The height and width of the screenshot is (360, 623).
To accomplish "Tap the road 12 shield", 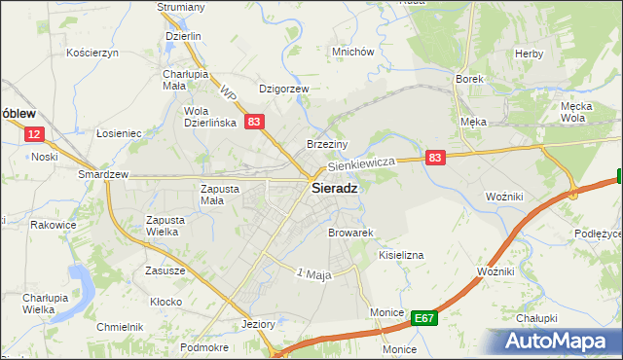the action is point(34,135).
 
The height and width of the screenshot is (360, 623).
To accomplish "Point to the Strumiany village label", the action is point(181,7).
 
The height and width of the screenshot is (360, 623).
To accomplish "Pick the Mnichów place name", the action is point(352,53).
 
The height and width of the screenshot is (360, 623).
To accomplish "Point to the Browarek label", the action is point(351,234).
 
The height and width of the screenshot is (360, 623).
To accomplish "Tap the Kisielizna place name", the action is point(400,255).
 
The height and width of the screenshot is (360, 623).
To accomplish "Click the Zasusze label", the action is point(165,270).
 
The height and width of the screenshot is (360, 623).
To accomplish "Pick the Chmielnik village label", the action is point(120,327).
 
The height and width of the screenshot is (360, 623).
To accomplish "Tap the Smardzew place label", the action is point(104,175).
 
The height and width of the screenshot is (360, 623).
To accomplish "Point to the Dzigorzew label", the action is point(283,89).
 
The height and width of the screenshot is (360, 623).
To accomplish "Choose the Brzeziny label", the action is point(328,142).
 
